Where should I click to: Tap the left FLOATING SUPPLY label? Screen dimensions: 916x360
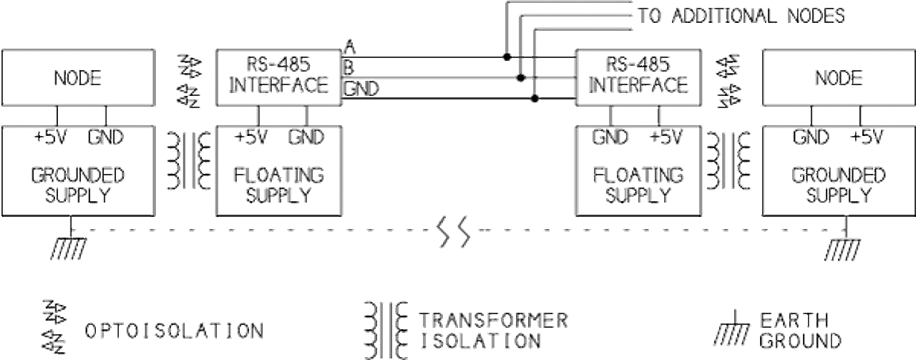278,184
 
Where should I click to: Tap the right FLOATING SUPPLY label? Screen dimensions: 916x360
638,184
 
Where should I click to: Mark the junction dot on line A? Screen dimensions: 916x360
507,57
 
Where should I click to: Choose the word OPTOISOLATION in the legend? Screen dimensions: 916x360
174,331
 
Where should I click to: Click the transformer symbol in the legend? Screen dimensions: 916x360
388,329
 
